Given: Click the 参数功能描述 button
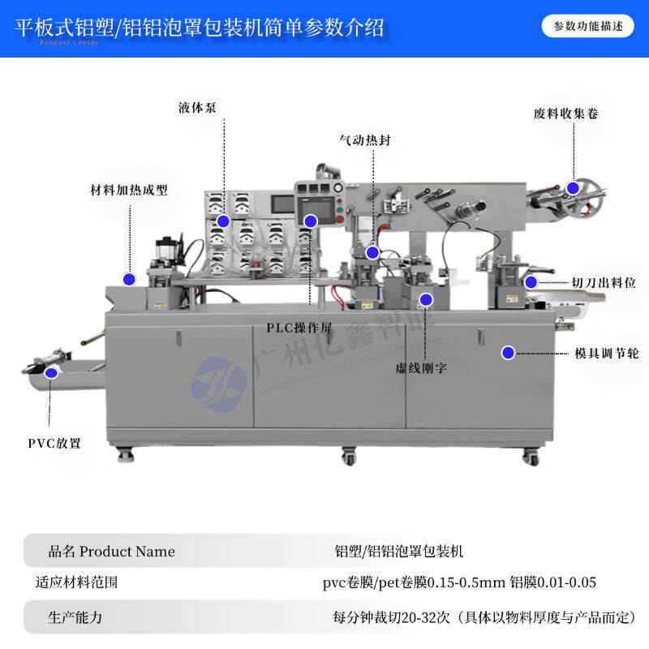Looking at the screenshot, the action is [x=588, y=26].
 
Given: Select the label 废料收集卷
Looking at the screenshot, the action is [x=565, y=114].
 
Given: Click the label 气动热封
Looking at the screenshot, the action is [x=365, y=140].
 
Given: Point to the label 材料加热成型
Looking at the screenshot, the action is [x=128, y=191].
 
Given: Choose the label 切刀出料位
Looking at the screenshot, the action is [x=603, y=282].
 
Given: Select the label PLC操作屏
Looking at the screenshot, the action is [x=299, y=328].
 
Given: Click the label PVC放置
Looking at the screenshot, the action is [x=55, y=443].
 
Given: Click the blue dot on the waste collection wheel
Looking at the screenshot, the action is [x=573, y=188].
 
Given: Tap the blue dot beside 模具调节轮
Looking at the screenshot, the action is [x=508, y=353].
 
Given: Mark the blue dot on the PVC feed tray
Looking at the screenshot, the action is [x=52, y=373].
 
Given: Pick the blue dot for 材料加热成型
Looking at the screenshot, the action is [x=128, y=279].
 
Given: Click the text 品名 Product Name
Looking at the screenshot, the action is [x=112, y=552].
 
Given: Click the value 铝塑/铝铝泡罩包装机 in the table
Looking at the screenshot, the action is [x=399, y=552].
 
